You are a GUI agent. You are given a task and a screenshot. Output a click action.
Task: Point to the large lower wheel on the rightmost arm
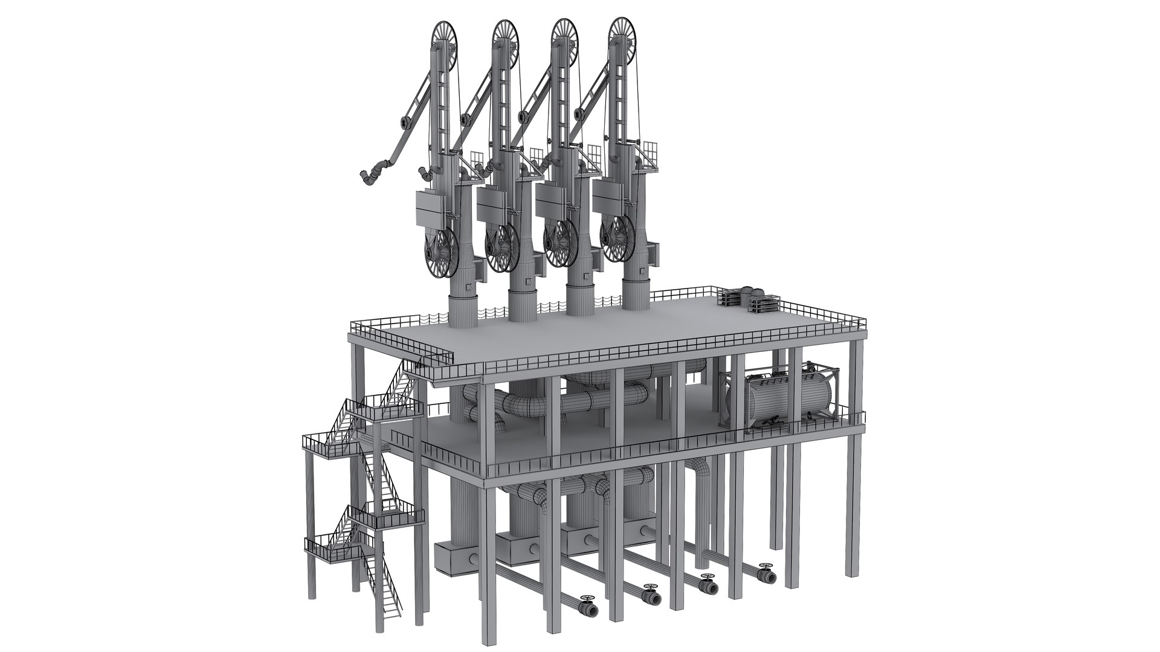pos(619,230)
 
